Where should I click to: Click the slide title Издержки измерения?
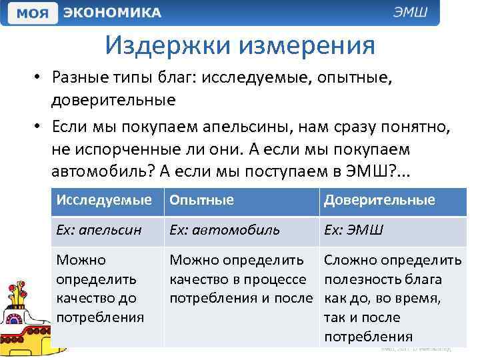[239, 46]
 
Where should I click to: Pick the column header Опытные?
[201, 200]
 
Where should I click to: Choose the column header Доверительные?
[379, 200]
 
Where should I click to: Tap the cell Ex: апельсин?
[99, 230]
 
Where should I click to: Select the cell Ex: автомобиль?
[225, 230]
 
